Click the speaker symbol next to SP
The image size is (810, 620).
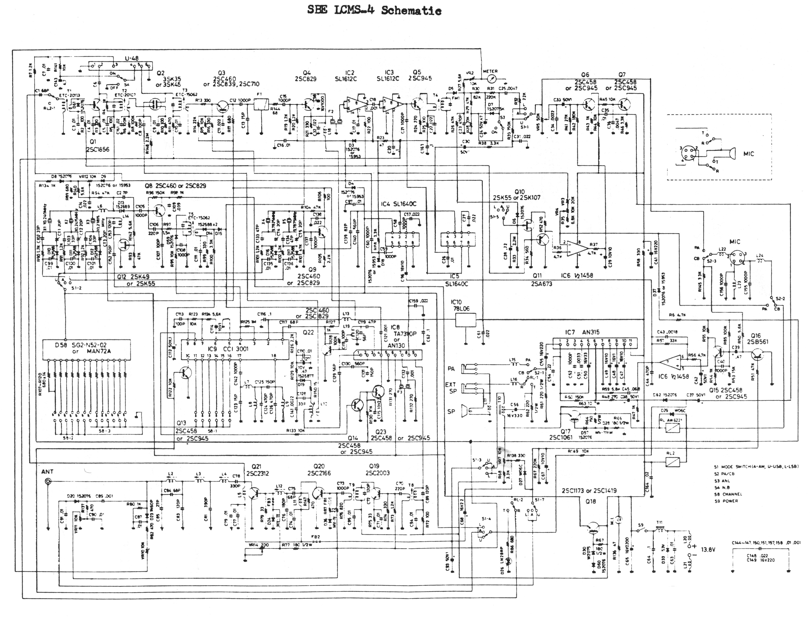467,412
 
